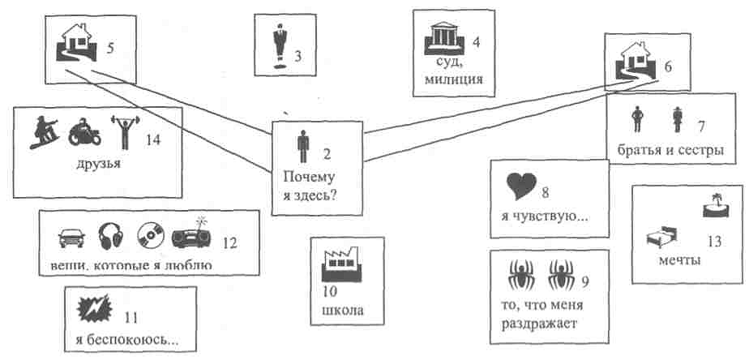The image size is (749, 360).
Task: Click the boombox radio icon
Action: tap(191, 235)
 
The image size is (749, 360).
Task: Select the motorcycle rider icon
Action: tap(84, 133)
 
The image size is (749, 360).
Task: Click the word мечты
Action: tap(678, 260)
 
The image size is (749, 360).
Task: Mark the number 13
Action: tap(713, 241)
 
